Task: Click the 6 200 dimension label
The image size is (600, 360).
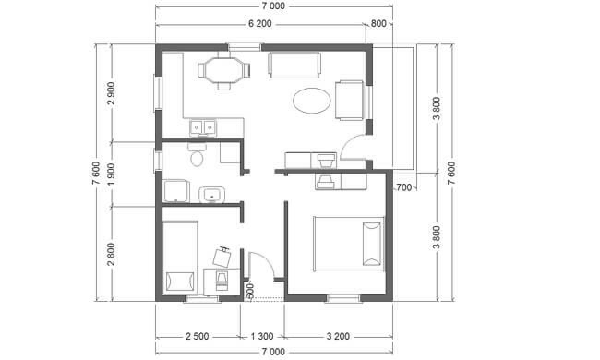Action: [259, 24]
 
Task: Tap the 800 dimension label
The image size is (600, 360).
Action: [378, 24]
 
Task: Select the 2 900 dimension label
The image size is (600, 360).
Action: [112, 93]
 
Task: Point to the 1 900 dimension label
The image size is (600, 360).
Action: [112, 174]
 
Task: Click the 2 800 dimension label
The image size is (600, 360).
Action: [112, 254]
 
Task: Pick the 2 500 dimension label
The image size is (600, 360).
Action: [197, 337]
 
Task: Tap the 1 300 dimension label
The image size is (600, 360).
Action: [262, 337]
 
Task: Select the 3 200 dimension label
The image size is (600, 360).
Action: [338, 337]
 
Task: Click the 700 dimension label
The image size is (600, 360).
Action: [404, 187]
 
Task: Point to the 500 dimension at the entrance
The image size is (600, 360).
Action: [250, 291]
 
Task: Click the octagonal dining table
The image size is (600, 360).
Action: [224, 70]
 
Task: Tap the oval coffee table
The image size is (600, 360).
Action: [311, 101]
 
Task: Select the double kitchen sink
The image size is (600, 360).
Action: [202, 127]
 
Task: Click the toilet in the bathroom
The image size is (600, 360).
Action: [197, 154]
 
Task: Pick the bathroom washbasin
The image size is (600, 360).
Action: [211, 194]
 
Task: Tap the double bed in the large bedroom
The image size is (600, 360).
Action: [349, 244]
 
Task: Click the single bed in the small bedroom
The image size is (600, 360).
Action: [180, 258]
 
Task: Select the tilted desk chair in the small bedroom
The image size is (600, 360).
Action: [222, 257]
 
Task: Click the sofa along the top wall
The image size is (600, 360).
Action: [294, 66]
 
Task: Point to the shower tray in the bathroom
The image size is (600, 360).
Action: [176, 191]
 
